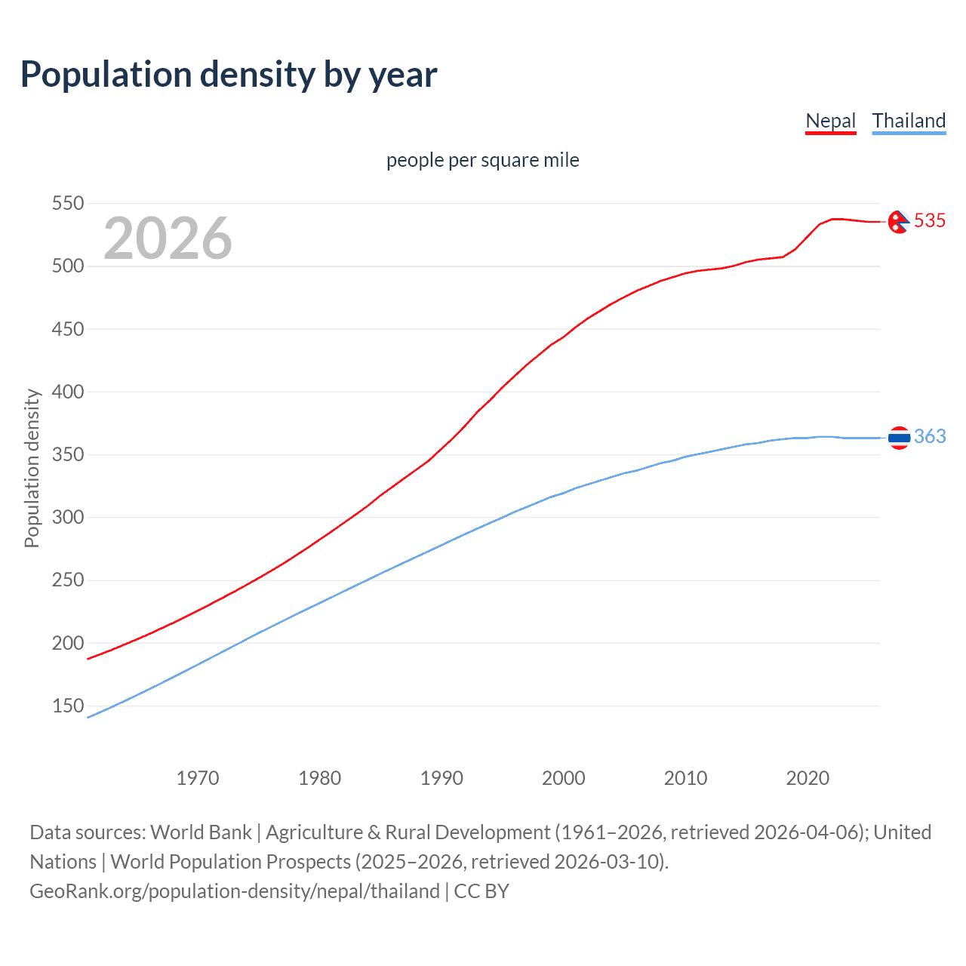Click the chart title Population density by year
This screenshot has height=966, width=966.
tap(229, 75)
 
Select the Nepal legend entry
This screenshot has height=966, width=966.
tap(830, 121)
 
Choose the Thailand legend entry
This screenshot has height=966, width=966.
tap(909, 121)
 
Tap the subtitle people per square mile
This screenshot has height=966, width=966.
tap(482, 161)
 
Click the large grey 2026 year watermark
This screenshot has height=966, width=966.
tap(168, 238)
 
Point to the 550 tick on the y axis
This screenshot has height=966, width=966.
tap(67, 204)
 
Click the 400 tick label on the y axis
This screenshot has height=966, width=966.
tap(67, 392)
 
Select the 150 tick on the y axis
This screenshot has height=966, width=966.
tap(67, 706)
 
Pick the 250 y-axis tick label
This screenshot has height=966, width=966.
tap(67, 580)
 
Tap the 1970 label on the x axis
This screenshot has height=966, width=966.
tap(198, 778)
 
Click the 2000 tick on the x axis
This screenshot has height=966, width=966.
tap(564, 778)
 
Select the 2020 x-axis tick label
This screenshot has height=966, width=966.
tap(808, 778)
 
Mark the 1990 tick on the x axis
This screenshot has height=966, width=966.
tap(441, 778)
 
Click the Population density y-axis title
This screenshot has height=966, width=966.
tap(32, 468)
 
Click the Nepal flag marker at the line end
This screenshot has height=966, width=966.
tap(898, 222)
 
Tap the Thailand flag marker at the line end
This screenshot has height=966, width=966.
tap(899, 438)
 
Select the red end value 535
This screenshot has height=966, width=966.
tap(930, 220)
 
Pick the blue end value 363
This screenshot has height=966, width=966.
tap(930, 437)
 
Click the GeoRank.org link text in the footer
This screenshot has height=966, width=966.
tap(235, 891)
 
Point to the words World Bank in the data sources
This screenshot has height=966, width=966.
tap(201, 832)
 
